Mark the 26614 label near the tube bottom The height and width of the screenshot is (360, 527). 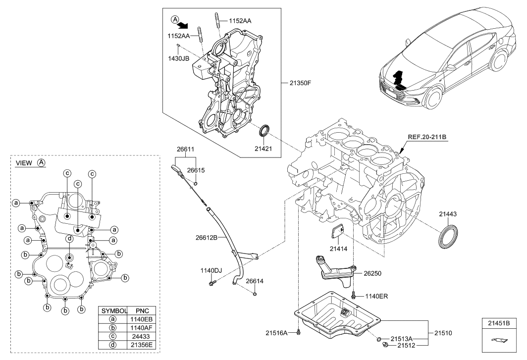(x=255, y=281)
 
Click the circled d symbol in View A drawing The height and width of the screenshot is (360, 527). (x=70, y=239)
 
